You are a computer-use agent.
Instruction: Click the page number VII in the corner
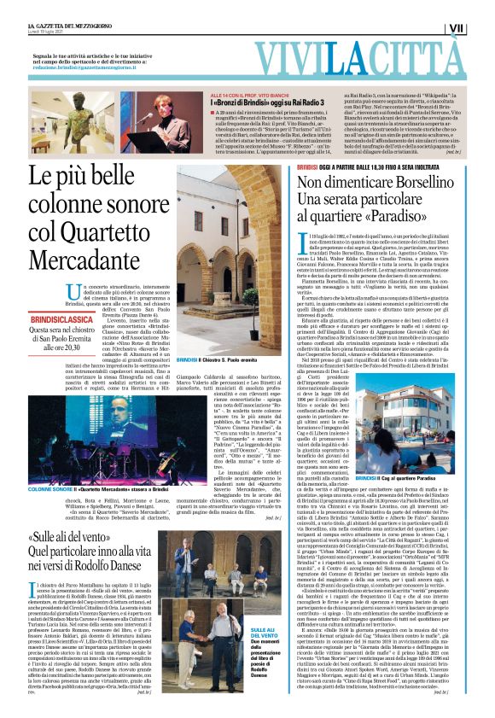click(x=480, y=28)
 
